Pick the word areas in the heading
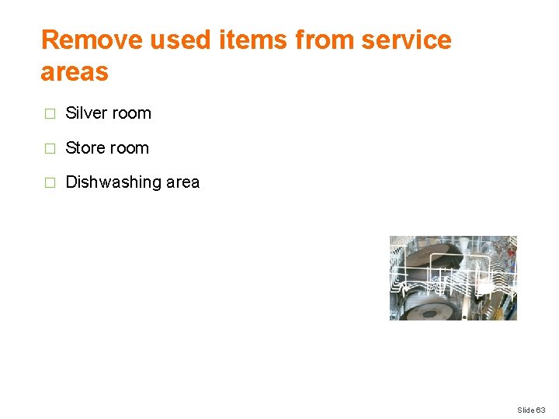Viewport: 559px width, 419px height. point(75,72)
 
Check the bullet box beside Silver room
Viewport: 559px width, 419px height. point(50,114)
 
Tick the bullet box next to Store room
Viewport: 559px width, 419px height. point(50,148)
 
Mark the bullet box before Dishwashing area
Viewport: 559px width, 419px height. point(50,183)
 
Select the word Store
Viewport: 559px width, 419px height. point(85,147)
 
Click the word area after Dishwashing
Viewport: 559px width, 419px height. point(182,182)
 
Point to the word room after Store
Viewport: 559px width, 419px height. point(127,147)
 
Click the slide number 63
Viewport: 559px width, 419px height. point(541,409)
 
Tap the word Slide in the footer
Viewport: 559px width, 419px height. point(526,409)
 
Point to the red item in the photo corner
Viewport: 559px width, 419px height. point(510,251)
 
